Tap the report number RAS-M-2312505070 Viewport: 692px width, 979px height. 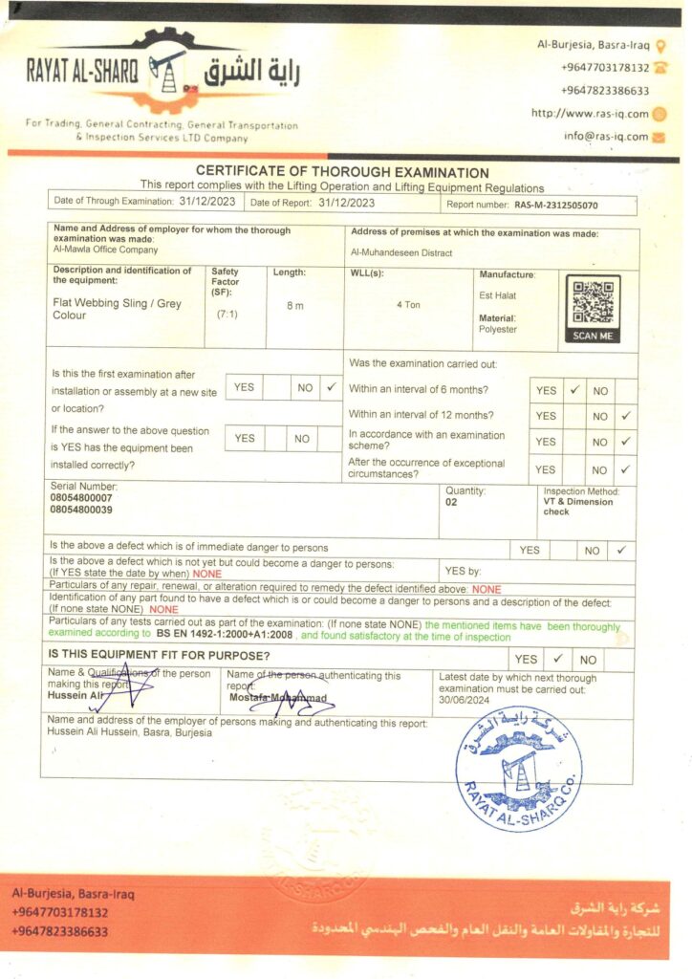point(555,204)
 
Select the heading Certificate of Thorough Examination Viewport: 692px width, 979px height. point(342,172)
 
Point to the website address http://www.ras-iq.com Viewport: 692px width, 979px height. point(590,114)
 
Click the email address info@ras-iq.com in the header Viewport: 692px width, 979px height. point(606,136)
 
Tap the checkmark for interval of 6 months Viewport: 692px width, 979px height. point(574,390)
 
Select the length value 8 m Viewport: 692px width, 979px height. point(295,305)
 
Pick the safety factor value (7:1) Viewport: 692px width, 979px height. point(227,314)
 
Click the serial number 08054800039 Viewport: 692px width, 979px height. point(81,510)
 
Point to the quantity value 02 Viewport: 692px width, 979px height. point(451,501)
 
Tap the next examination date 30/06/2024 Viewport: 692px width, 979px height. point(465,700)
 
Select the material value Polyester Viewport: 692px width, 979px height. point(498,329)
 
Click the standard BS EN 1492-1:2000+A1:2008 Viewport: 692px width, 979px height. point(225,635)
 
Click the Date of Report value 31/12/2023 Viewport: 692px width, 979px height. point(346,203)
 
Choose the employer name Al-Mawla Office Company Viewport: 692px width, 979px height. point(105,250)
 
